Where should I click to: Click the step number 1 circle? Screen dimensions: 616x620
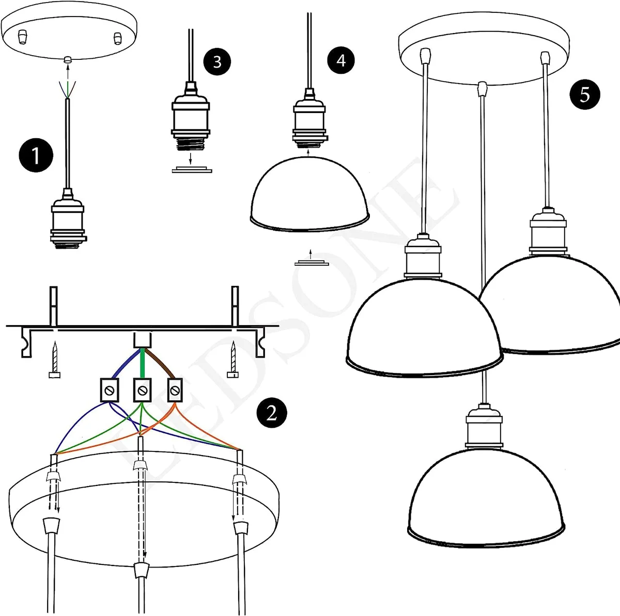(x=36, y=155)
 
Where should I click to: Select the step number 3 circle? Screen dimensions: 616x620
(x=216, y=61)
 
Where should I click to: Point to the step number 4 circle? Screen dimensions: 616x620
(x=341, y=60)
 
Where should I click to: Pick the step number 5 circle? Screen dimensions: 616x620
(x=584, y=94)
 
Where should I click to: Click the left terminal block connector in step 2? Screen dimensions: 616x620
(x=110, y=391)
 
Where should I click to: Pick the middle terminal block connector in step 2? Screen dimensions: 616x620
(x=142, y=391)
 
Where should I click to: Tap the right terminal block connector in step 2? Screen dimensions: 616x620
(x=175, y=390)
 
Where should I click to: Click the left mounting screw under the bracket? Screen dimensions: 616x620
(x=55, y=361)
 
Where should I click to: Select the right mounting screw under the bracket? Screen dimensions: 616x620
(x=234, y=361)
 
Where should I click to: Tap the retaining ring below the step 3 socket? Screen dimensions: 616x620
(x=192, y=170)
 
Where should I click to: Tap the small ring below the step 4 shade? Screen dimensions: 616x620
(x=312, y=264)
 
